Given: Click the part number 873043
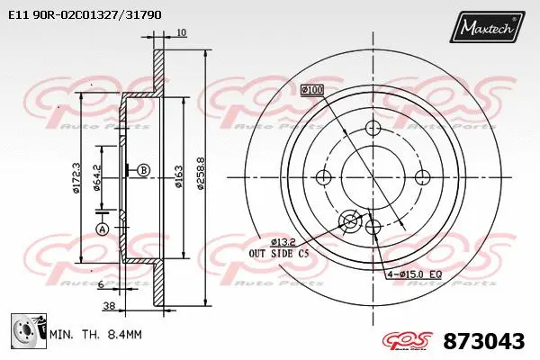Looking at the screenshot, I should coord(484,341).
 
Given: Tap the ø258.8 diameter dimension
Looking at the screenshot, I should coord(202,184).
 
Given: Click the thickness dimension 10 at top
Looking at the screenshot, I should coord(182,32).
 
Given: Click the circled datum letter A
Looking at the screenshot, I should coord(102,229).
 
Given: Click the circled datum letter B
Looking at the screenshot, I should coord(144,169).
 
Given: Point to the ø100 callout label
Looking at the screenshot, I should coord(311,89).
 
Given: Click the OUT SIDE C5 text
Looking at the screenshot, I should coord(280,255).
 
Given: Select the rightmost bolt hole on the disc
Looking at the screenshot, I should coord(419,175).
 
